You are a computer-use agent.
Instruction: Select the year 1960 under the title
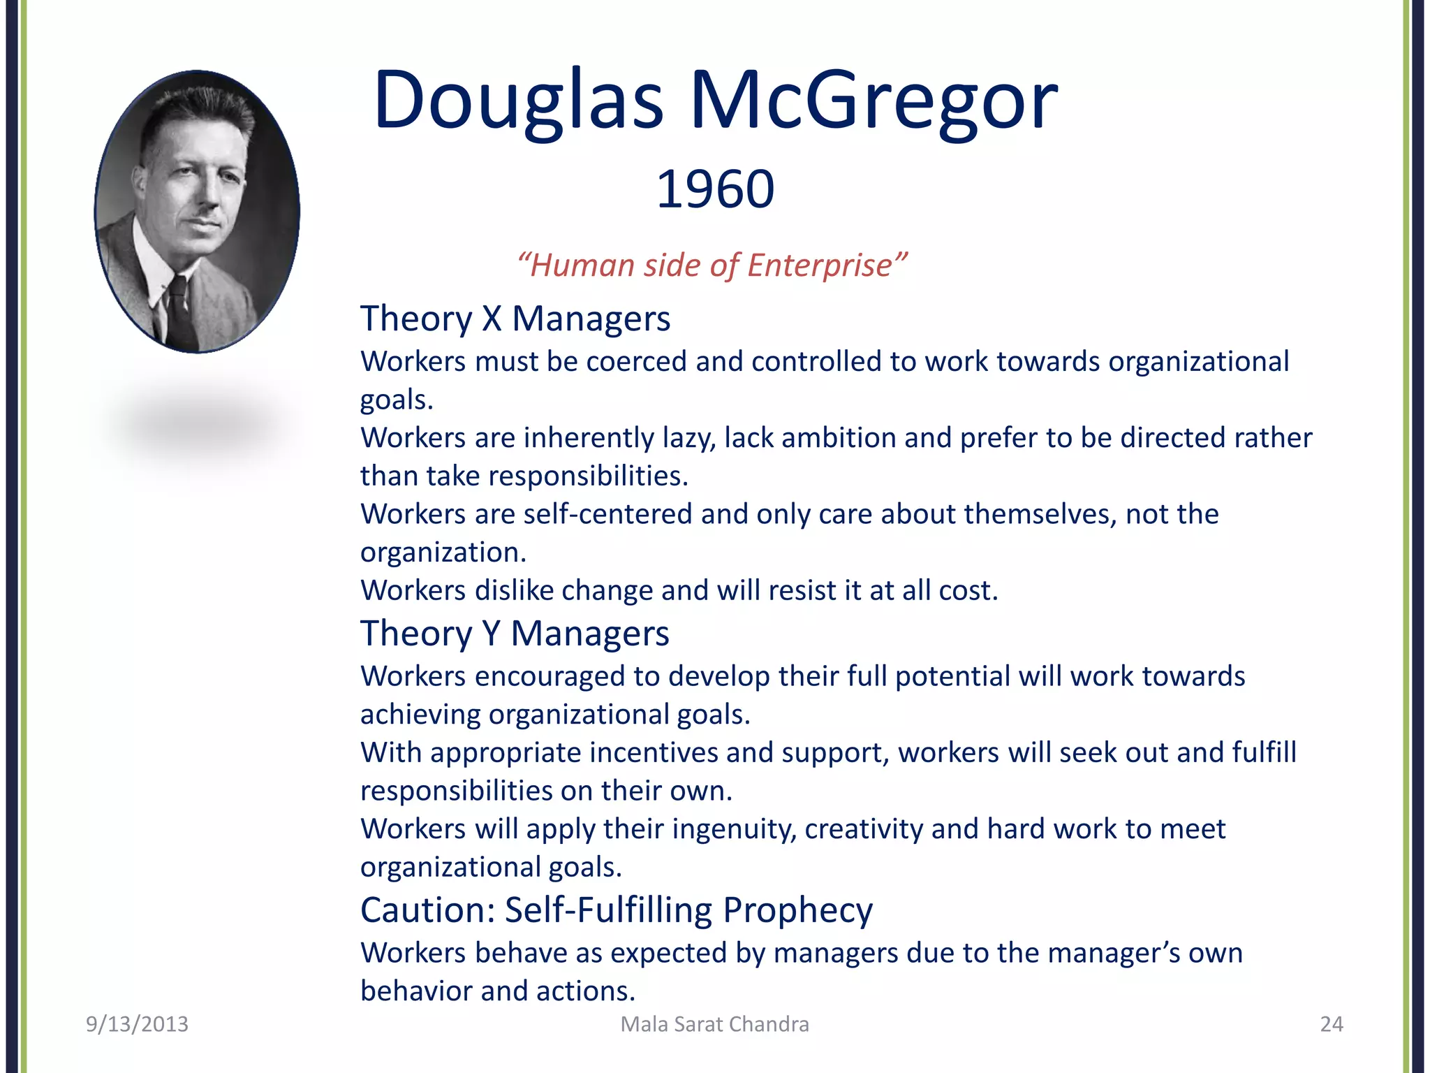(715, 189)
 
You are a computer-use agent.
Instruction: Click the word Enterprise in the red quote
(820, 265)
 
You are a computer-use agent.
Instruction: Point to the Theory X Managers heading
(515, 319)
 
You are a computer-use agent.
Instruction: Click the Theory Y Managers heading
(515, 634)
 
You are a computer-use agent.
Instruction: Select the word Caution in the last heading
(427, 910)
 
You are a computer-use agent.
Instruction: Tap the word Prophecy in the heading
(797, 910)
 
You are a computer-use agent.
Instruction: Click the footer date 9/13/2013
(137, 1024)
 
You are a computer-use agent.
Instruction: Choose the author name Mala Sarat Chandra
(714, 1024)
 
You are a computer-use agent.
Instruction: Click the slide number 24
(1331, 1024)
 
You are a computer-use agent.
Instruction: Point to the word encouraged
(550, 677)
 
